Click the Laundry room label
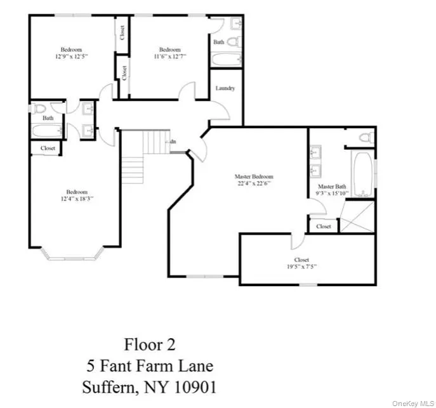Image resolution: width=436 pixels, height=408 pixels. (225, 88)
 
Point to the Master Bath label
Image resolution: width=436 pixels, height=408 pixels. (330, 187)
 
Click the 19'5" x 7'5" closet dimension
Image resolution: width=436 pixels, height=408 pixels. (301, 267)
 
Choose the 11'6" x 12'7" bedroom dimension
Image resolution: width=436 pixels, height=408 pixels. (169, 57)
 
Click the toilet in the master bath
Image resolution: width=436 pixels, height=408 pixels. (366, 137)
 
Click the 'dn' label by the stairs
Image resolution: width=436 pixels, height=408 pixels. (173, 142)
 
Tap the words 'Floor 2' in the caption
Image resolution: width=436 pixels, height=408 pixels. (150, 345)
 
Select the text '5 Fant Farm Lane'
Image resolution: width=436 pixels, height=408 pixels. (150, 365)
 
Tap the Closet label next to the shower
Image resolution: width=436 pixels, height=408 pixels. (323, 226)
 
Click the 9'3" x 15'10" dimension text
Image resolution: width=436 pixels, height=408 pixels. (330, 194)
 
